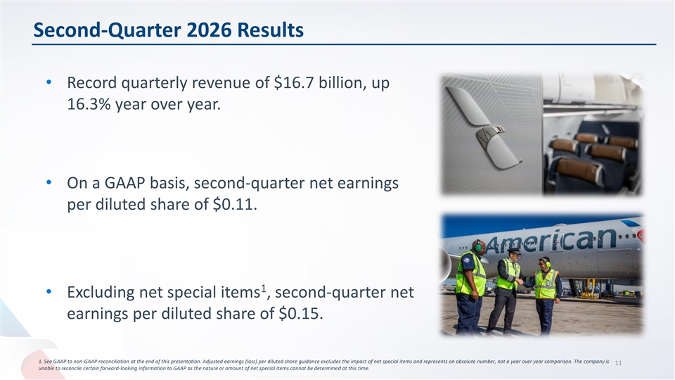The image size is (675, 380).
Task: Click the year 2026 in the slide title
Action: (x=209, y=30)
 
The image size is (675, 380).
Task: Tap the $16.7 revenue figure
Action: (x=294, y=82)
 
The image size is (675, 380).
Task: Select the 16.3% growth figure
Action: (x=89, y=104)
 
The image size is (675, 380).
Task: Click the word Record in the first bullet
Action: (x=91, y=82)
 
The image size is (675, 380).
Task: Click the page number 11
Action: (x=618, y=363)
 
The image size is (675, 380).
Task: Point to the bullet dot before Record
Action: (x=49, y=82)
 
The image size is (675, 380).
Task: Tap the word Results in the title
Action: (x=270, y=30)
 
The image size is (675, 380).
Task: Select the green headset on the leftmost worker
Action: (x=477, y=246)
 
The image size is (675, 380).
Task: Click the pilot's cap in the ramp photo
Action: (x=514, y=251)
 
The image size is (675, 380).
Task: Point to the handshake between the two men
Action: (x=520, y=281)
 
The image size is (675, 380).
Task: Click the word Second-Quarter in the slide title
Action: (x=107, y=30)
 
